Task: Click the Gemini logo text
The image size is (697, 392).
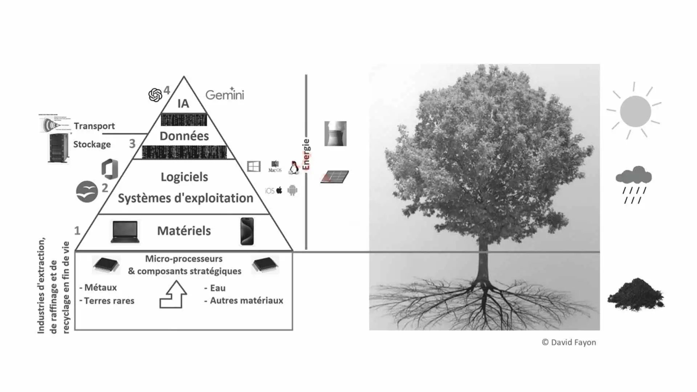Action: coord(225,95)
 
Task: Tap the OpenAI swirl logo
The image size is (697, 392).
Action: coord(155,95)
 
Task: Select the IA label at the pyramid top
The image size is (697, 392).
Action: coord(183,103)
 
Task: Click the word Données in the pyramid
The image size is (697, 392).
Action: coord(184,136)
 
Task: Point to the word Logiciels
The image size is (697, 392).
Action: coord(184,177)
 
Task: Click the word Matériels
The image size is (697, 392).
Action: coord(184,231)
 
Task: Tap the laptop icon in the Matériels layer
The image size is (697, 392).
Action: coord(125,232)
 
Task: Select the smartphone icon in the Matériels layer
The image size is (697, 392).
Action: coord(247,231)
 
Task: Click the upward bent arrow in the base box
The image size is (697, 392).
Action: coord(174,294)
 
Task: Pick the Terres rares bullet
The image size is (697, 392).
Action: coord(107,301)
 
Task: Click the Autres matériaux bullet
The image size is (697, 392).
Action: coord(244,301)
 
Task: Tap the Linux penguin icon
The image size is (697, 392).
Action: coord(294,167)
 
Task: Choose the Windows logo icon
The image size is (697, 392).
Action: coord(254,167)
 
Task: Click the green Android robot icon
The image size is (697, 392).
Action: coord(292,190)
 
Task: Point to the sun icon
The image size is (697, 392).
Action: coord(635,111)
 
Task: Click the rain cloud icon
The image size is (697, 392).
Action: coord(634,184)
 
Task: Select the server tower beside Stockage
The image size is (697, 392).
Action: coord(58,148)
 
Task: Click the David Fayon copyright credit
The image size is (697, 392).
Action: coord(569,342)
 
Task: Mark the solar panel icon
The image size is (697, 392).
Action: coord(335,177)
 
